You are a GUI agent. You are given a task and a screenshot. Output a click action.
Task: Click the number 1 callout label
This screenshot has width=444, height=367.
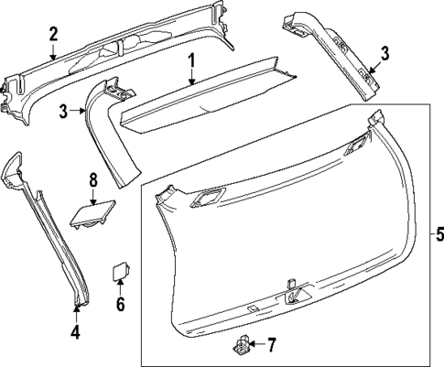point(192,62)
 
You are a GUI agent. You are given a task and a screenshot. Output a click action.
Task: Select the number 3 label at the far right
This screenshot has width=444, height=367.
point(384,53)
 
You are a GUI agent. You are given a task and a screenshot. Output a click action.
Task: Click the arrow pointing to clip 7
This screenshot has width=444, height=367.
point(254,345)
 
